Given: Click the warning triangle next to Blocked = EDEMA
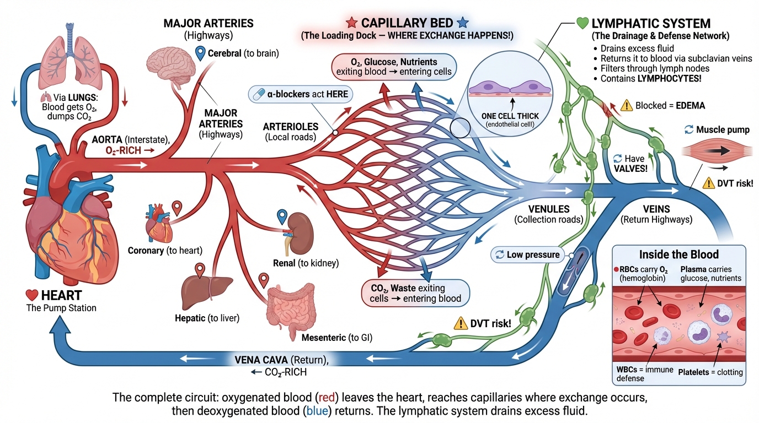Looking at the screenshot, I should point(626,106).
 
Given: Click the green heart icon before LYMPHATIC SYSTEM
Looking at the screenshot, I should point(582,23).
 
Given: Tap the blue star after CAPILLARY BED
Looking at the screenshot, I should point(462,23).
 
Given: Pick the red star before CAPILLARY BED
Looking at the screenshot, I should point(351,23).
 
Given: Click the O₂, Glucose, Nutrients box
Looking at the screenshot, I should point(394,66).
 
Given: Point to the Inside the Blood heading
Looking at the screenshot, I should point(678,254).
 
